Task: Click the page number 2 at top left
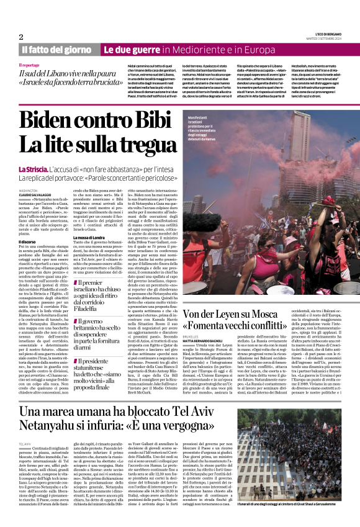tap(20, 37)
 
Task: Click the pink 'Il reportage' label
tap(28, 65)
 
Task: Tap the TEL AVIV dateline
tap(25, 444)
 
